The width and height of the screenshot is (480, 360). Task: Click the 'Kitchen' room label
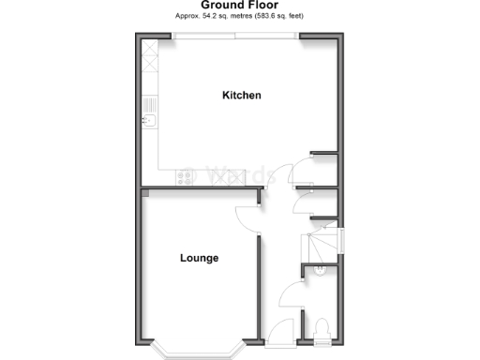point(241,96)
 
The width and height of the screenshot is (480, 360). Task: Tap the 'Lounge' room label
point(199,258)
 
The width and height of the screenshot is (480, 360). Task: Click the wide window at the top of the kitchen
point(235,37)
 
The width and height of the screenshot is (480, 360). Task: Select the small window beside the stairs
point(340,241)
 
